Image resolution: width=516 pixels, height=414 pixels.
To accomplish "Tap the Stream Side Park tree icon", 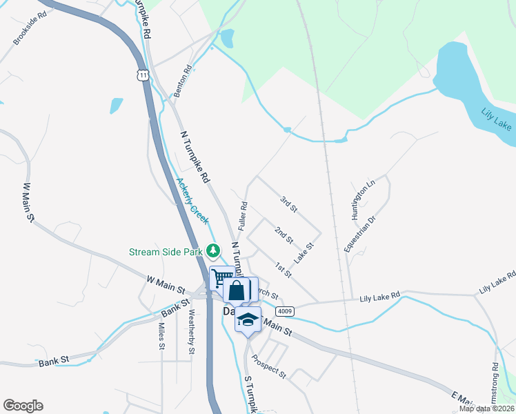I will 215,250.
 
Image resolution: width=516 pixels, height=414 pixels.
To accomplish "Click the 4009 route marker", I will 287,310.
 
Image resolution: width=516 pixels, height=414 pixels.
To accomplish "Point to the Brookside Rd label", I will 30,28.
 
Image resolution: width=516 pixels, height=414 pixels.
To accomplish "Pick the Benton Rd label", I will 182,81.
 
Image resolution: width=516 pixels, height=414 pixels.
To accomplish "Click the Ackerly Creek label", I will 192,201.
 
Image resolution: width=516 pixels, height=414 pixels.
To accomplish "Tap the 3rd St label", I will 288,204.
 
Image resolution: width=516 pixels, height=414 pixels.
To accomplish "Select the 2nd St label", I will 284,235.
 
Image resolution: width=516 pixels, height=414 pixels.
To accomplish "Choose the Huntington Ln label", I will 362,199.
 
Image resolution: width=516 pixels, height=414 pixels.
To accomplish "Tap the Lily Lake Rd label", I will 379,297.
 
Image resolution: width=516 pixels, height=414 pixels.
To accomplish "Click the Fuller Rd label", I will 243,215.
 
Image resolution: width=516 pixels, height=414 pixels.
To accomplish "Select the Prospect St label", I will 269,366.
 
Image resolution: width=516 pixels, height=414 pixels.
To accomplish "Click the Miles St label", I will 161,336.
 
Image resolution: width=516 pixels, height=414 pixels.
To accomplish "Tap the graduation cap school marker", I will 248,319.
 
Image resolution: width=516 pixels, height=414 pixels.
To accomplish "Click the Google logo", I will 23,406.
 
